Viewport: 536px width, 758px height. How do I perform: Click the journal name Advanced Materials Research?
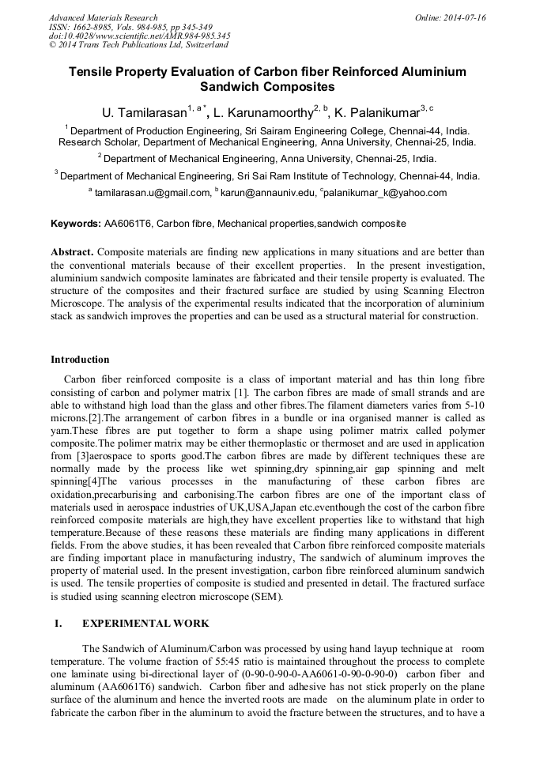point(103,17)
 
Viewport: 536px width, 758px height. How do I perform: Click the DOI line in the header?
point(139,36)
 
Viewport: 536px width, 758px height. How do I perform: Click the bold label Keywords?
point(76,224)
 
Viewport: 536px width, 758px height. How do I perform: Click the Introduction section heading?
point(80,360)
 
